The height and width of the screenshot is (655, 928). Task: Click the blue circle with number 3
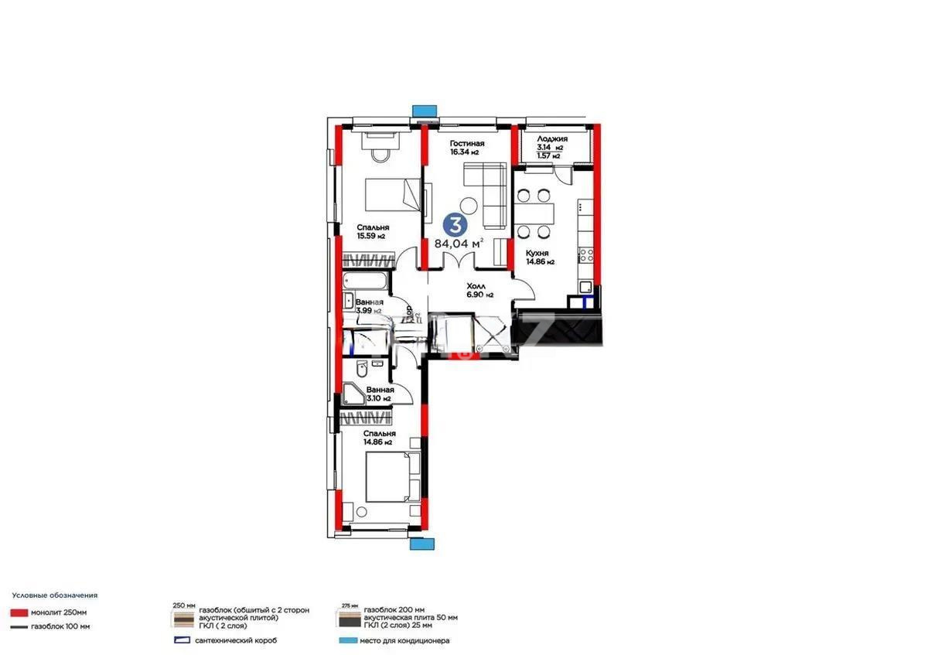coord(455,225)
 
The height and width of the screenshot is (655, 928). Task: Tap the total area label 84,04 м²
coord(459,243)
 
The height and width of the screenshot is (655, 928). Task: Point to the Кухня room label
coord(537,253)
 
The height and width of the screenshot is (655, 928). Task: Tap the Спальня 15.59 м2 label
coord(371,231)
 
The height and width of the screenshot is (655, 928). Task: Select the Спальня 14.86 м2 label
coord(379,438)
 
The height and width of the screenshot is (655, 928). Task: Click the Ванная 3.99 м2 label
coord(369,305)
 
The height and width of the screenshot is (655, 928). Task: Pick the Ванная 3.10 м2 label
coord(380,394)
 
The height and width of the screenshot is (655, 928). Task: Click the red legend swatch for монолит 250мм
coord(20,612)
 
